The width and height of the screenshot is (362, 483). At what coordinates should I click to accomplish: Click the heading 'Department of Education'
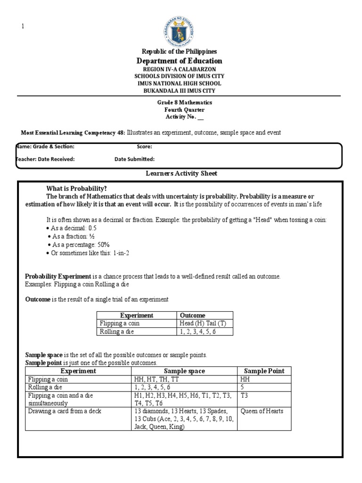pyautogui.click(x=179, y=61)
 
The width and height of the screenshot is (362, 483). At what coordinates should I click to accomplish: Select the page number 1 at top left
pyautogui.click(x=22, y=26)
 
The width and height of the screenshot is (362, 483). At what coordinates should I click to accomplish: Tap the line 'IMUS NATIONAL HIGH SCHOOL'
pyautogui.click(x=179, y=83)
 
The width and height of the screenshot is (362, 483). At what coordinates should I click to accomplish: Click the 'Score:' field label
pyautogui.click(x=144, y=147)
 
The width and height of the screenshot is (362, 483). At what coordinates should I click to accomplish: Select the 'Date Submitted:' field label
pyautogui.click(x=134, y=159)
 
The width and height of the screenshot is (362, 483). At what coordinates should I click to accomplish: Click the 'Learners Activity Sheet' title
pyautogui.click(x=181, y=174)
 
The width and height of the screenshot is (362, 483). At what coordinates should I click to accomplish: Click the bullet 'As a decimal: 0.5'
pyautogui.click(x=74, y=228)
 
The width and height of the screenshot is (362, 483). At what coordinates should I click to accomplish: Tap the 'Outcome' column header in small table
pyautogui.click(x=193, y=316)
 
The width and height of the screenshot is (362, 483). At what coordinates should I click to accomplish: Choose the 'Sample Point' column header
pyautogui.click(x=264, y=371)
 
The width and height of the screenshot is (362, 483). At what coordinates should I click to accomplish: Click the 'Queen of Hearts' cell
pyautogui.click(x=262, y=411)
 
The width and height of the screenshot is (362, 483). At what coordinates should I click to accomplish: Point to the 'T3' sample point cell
pyautogui.click(x=244, y=395)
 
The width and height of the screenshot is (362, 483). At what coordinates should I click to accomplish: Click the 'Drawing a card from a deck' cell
pyautogui.click(x=65, y=411)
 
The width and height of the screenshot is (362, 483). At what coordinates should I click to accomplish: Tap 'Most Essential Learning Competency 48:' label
pyautogui.click(x=73, y=133)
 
